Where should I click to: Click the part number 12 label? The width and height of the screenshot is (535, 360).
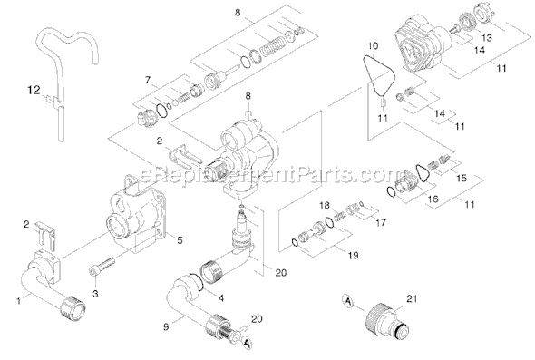(x=34, y=91)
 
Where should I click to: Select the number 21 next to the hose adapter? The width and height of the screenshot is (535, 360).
(x=412, y=298)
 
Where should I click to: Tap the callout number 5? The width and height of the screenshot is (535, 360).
(x=180, y=240)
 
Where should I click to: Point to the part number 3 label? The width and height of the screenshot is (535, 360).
(x=95, y=294)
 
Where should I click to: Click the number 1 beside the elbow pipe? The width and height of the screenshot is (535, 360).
(x=18, y=301)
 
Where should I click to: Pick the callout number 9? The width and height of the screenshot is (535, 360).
(x=166, y=326)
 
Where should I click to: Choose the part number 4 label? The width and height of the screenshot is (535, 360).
(x=221, y=298)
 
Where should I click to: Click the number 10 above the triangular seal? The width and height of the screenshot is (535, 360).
(x=373, y=45)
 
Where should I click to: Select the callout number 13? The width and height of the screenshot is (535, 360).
(x=487, y=37)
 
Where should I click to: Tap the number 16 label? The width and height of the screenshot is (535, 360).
(x=433, y=199)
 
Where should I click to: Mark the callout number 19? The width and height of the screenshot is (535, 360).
(x=353, y=255)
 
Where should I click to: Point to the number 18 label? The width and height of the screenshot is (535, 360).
(x=325, y=205)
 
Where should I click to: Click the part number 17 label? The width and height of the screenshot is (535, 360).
(x=381, y=222)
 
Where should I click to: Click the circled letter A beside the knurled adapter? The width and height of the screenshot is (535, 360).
(x=347, y=301)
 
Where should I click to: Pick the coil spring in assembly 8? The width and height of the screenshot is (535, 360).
(x=272, y=45)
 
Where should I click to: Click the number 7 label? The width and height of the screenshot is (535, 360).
(x=148, y=80)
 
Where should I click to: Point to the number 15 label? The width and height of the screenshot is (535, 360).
(x=462, y=178)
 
